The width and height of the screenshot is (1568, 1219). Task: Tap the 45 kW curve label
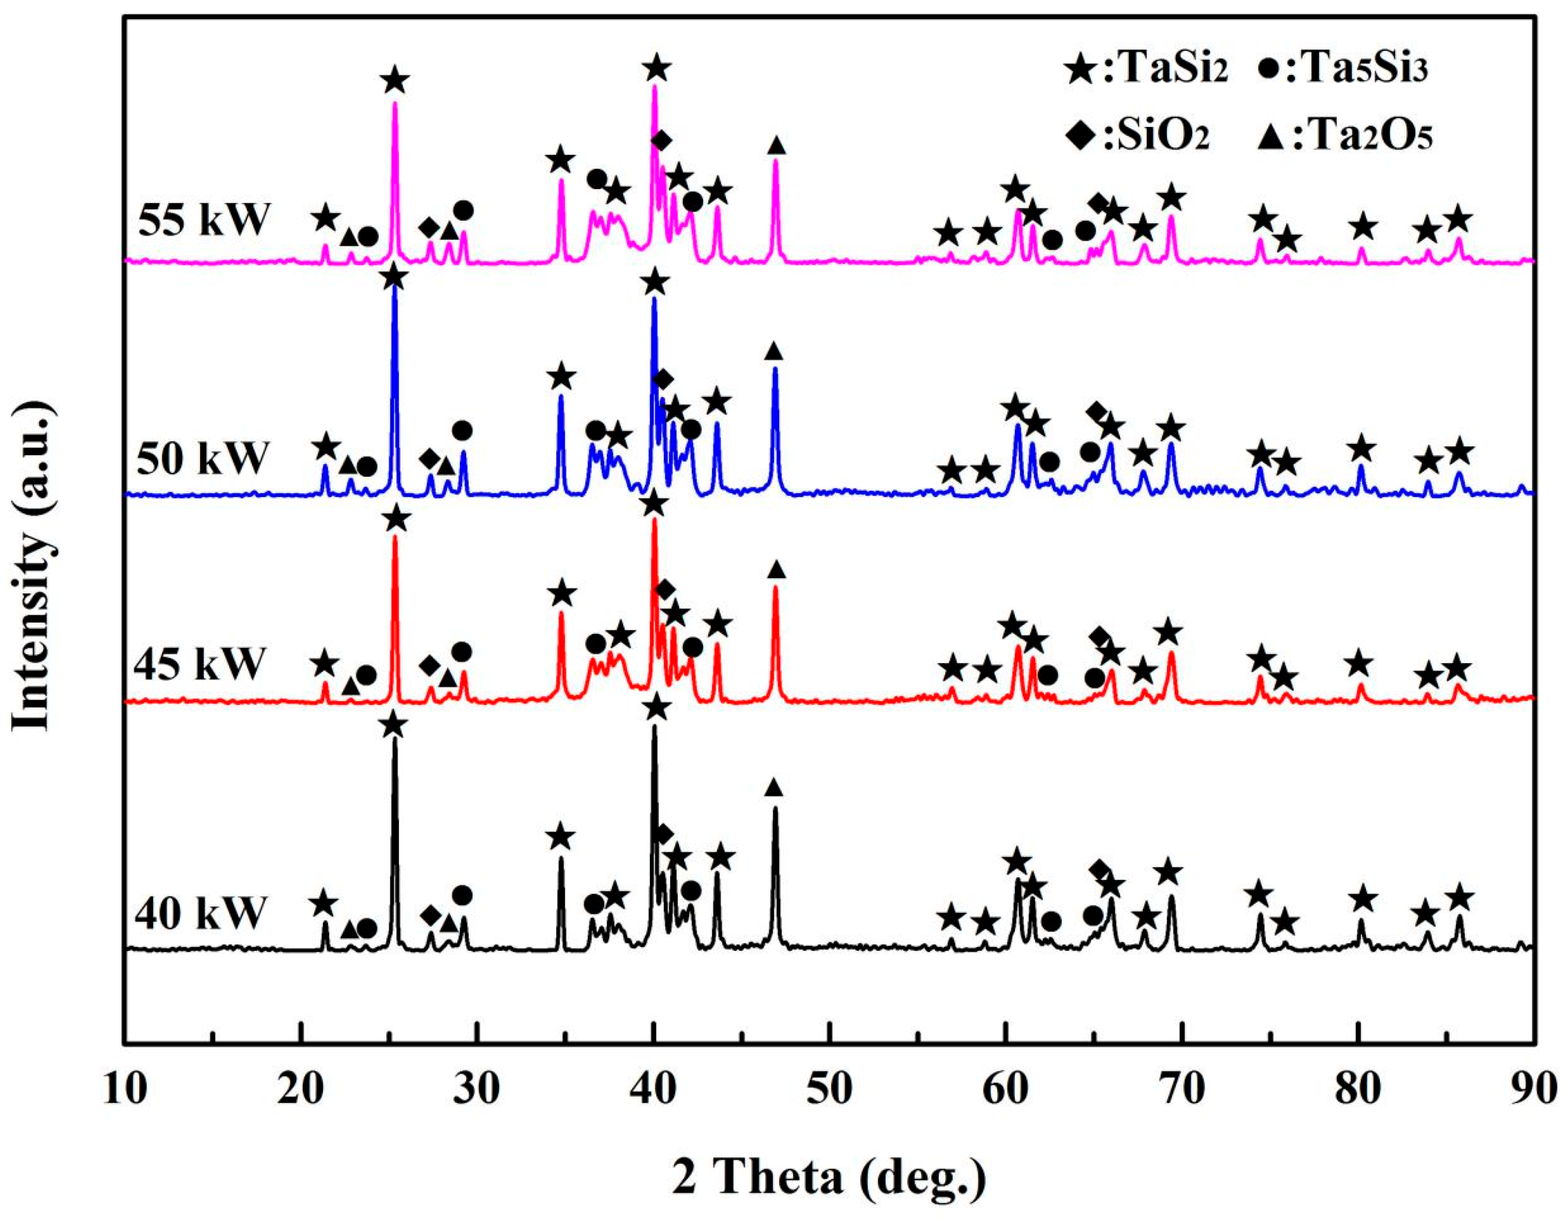point(200,664)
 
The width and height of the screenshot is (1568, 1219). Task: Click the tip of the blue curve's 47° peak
point(775,369)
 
